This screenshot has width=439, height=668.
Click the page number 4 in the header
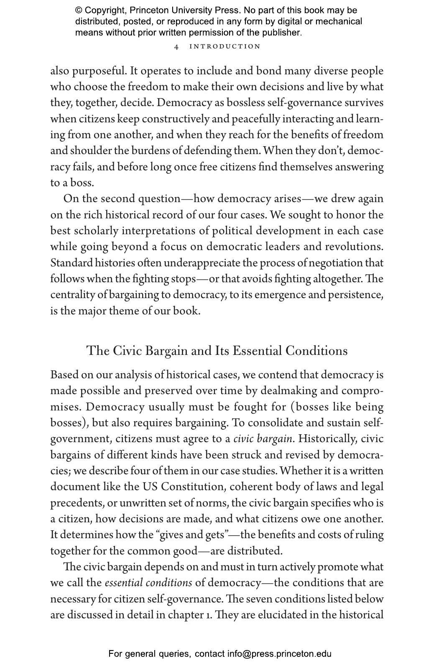[176, 47]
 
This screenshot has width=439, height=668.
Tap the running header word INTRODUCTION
[225, 46]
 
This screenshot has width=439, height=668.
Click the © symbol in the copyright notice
[79, 10]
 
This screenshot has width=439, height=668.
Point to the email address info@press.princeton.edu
[279, 654]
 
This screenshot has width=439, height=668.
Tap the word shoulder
[88, 151]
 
